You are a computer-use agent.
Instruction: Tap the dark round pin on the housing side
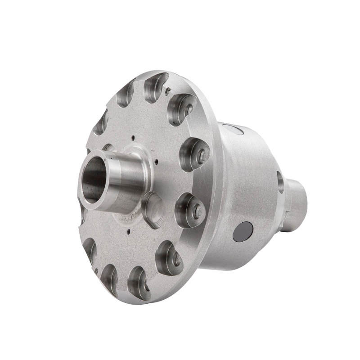coord(243,231)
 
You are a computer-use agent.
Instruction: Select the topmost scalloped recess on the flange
coord(155,85)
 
